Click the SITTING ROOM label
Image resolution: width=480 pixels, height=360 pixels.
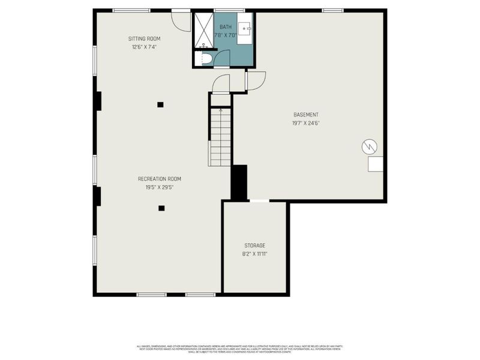(144, 38)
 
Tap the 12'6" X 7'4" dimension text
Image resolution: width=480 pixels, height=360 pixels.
(144, 47)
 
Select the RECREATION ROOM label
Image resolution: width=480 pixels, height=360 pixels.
(160, 179)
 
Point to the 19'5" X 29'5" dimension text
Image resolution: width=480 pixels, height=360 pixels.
(160, 187)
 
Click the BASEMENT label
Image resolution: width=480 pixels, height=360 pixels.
(306, 115)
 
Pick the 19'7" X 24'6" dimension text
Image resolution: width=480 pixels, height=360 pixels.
(306, 124)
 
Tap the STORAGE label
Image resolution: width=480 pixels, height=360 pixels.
(254, 245)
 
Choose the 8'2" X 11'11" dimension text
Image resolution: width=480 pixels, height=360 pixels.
(254, 254)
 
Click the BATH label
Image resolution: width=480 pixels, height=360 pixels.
(225, 27)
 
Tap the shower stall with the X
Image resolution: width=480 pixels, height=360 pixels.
(203, 29)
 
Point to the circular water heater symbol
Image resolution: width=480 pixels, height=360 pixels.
(368, 146)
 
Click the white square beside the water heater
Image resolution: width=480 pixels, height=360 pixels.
(376, 165)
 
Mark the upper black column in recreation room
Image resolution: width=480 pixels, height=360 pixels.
(160, 104)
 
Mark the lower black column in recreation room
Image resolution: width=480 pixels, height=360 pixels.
(161, 208)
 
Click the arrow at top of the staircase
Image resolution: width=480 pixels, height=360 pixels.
(220, 111)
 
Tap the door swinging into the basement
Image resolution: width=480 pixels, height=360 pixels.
(256, 80)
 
